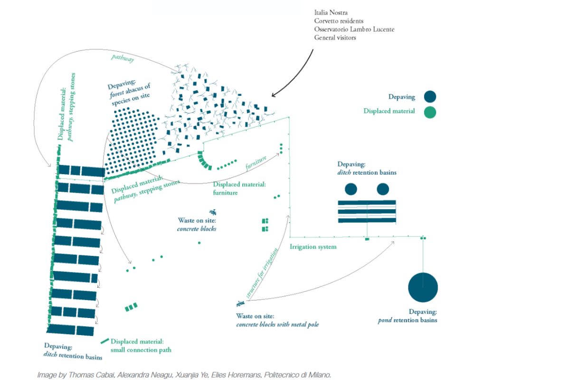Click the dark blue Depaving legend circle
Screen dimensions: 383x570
click(430, 97)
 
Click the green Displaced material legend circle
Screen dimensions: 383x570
click(430, 112)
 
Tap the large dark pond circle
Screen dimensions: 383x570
click(423, 288)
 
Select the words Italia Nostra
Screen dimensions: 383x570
click(332, 12)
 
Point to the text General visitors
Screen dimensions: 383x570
click(335, 37)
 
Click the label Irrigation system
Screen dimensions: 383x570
click(313, 247)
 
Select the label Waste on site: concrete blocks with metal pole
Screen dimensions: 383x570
click(277, 320)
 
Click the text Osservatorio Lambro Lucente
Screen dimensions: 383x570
click(354, 29)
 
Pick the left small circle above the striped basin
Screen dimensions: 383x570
click(351, 189)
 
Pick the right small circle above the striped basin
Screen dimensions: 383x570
click(383, 189)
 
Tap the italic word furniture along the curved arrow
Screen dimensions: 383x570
click(256, 162)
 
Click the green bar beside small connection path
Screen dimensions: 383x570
click(104, 341)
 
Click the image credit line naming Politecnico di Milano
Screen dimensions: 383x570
click(184, 375)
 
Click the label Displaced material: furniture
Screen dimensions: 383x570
click(239, 188)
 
